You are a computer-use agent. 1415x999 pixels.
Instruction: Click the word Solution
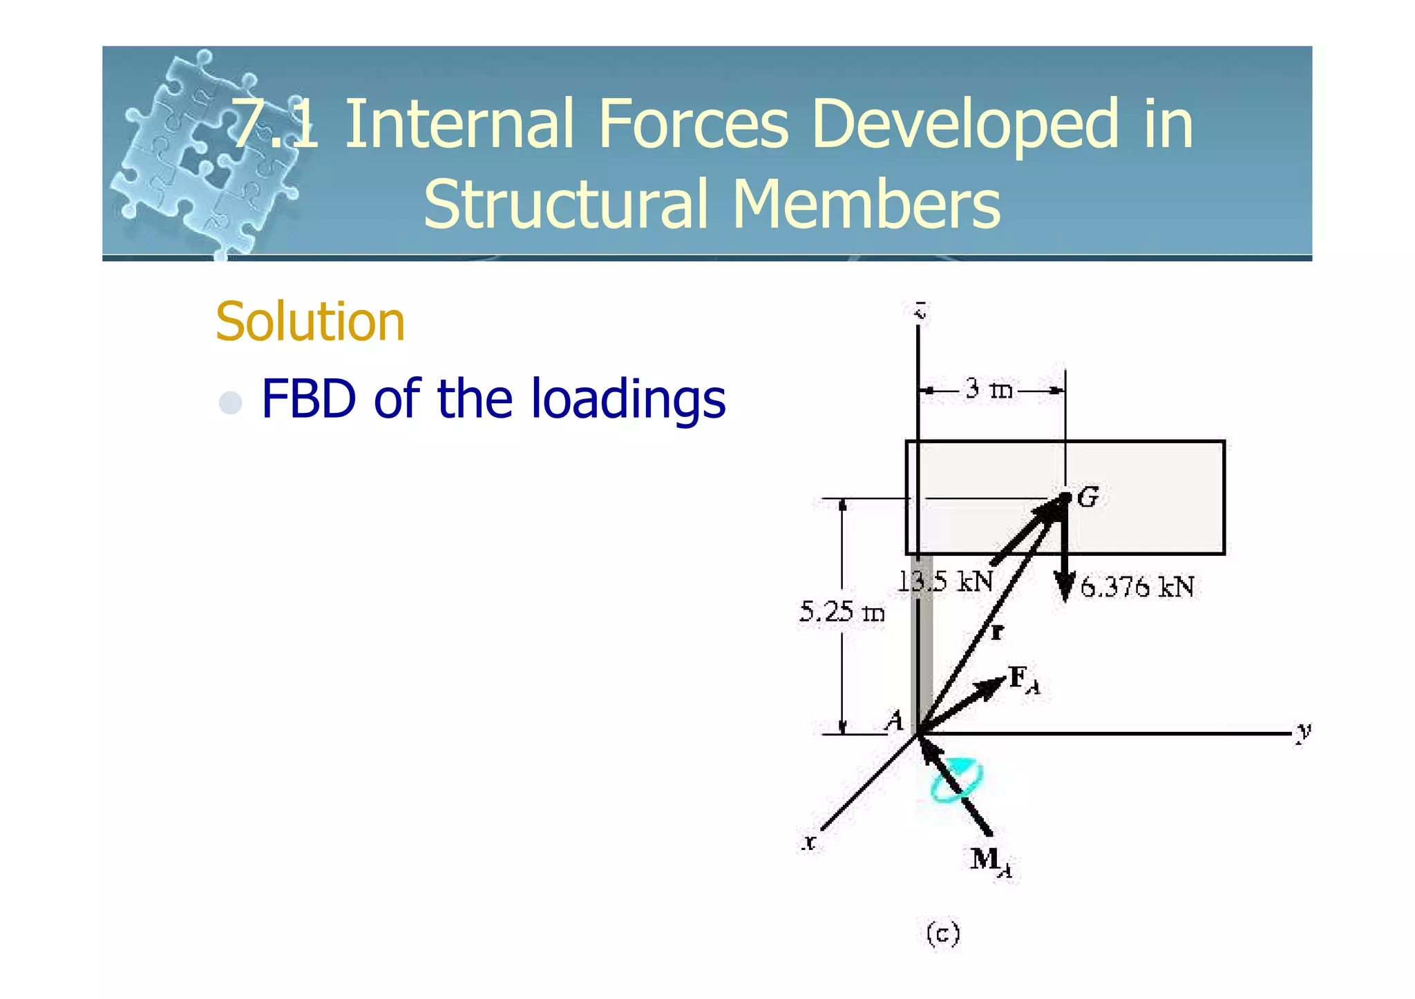[x=310, y=322]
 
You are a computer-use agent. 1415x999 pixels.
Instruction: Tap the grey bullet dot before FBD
[x=230, y=402]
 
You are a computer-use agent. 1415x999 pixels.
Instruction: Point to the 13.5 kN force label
[x=945, y=582]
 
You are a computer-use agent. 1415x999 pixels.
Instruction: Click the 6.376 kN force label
[x=1137, y=588]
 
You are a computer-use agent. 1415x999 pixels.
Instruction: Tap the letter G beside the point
[x=1088, y=497]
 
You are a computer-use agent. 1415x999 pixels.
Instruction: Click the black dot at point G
[x=1065, y=497]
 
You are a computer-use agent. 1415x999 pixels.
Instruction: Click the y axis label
[x=1303, y=731]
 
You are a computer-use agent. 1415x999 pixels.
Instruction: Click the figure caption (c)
[x=942, y=934]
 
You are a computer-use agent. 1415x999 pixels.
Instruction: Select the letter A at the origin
[x=895, y=721]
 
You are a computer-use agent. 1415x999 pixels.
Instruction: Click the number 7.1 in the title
[x=274, y=124]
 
